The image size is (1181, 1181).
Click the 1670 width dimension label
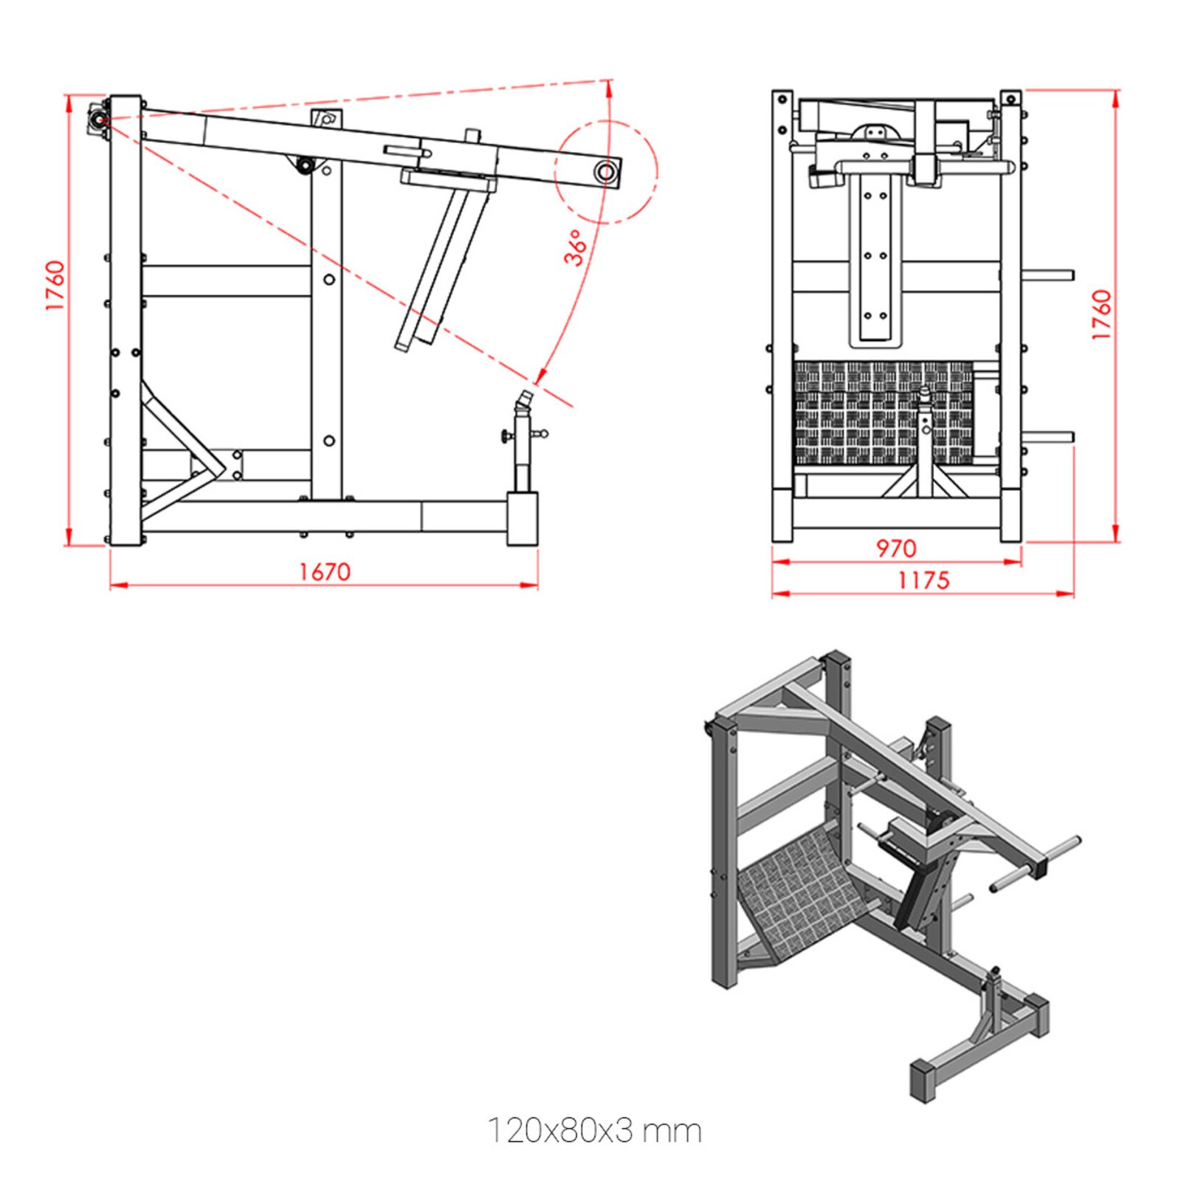point(324,572)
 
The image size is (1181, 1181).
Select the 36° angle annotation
point(577,247)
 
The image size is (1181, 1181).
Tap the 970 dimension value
point(895,548)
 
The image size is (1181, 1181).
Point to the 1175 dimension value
point(923,580)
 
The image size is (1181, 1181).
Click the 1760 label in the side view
point(55,285)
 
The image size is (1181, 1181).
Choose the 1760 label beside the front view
point(1101,314)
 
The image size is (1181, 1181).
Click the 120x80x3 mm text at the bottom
point(594,1131)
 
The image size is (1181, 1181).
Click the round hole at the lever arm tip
point(605,172)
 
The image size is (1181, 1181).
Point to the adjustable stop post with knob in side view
point(523,443)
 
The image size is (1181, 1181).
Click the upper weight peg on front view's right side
point(1048,275)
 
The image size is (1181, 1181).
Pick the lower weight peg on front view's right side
point(1048,437)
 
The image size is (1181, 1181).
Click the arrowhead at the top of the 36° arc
point(610,88)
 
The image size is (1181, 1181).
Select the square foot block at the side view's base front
point(522,519)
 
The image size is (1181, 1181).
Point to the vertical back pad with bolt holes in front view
point(875,258)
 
